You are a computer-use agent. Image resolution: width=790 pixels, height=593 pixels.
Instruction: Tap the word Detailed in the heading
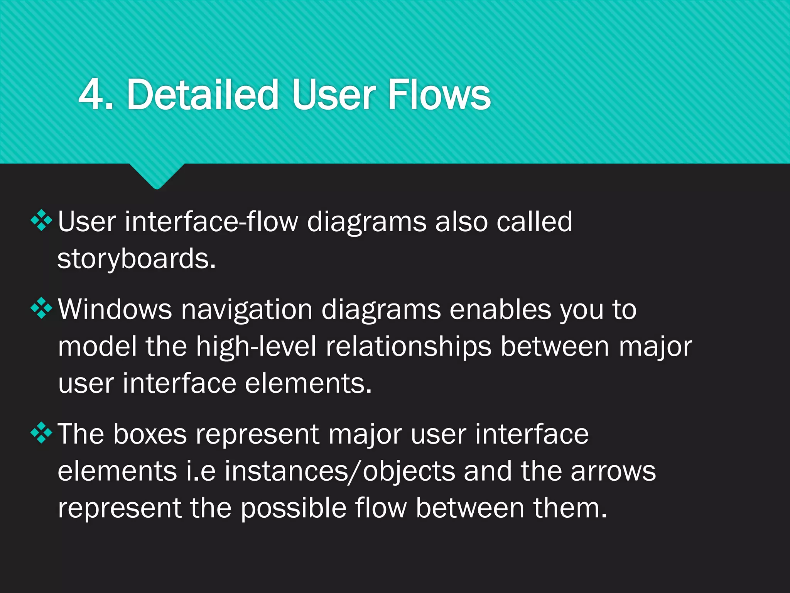203,95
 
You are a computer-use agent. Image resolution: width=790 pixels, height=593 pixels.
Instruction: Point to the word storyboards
136,259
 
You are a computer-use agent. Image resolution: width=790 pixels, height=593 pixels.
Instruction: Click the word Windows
115,310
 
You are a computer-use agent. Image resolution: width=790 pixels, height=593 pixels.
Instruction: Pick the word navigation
247,310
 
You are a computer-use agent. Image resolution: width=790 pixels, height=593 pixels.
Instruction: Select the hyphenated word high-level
256,346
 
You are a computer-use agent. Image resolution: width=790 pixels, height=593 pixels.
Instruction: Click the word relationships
409,346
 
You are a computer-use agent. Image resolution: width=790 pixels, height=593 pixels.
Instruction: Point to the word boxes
150,434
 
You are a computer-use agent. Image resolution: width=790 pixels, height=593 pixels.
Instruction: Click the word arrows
613,471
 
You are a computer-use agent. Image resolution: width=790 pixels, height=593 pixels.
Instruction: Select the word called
534,222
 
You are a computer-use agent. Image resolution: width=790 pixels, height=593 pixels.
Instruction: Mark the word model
97,346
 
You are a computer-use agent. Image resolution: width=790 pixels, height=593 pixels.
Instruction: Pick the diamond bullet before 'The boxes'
41,433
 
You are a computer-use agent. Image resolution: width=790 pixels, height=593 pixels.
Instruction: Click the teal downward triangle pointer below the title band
157,176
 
